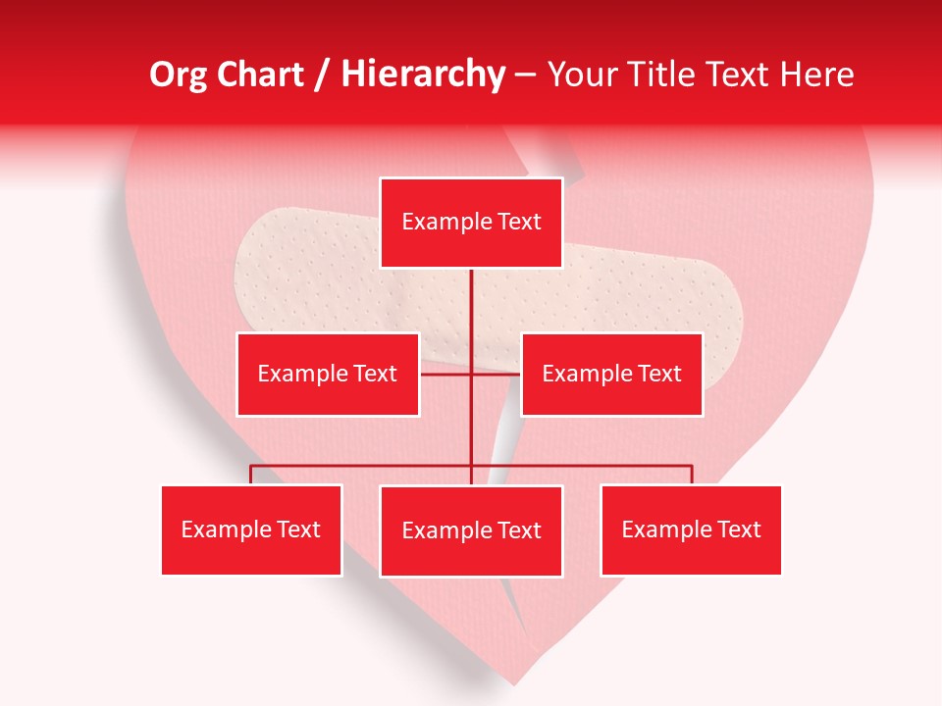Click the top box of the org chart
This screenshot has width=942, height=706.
point(471,223)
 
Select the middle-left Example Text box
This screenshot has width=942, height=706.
point(328,374)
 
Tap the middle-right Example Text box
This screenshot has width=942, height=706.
point(611,374)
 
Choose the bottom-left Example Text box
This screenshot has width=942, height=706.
point(251,529)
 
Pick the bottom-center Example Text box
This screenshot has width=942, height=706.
point(471,530)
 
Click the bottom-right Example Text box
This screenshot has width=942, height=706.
point(691,529)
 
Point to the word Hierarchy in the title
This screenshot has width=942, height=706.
point(423,75)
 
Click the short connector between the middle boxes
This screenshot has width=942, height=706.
point(471,374)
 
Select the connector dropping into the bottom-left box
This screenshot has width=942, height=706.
point(251,475)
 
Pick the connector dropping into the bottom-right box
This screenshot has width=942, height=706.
point(691,475)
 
